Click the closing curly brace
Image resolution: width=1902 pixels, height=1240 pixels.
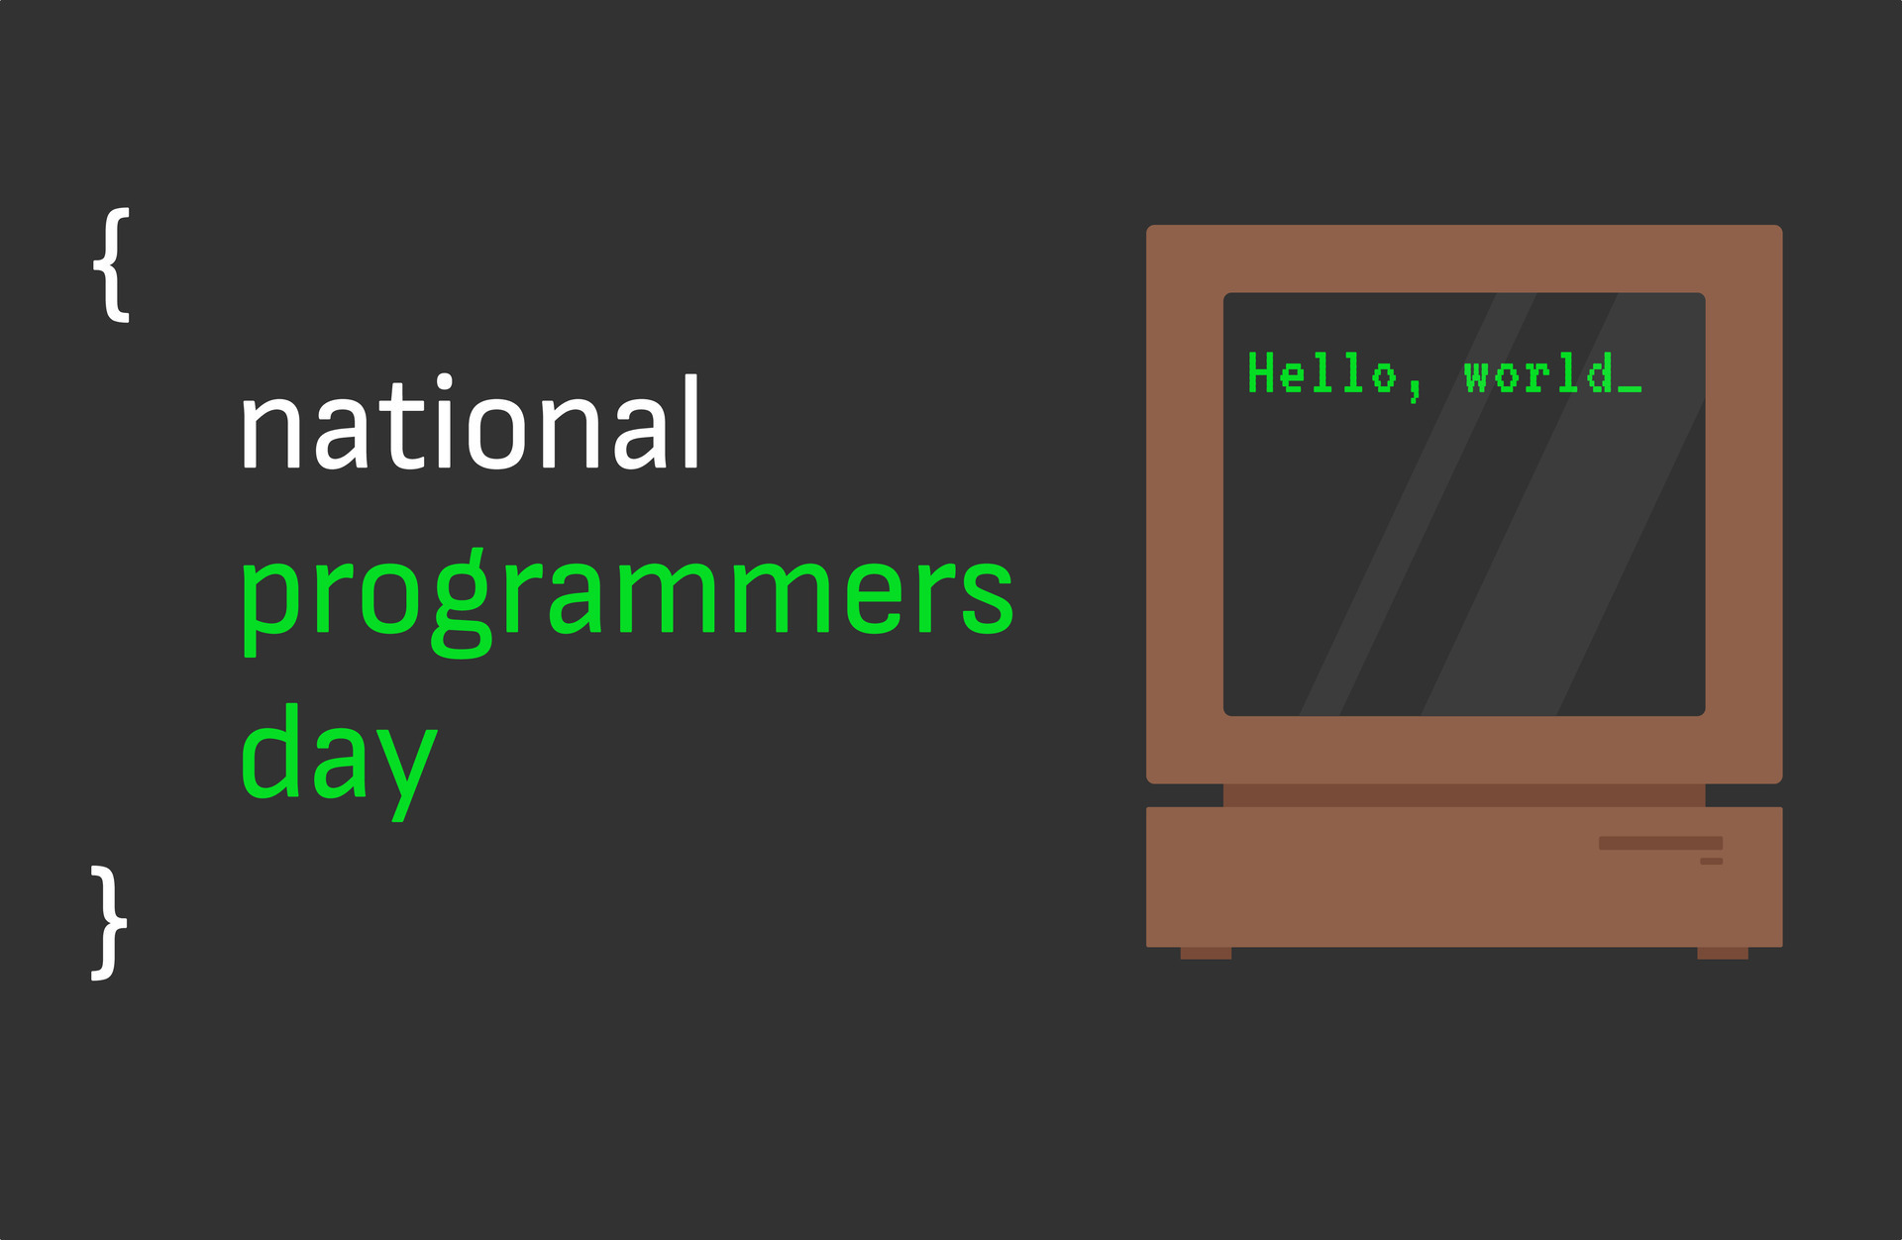[108, 923]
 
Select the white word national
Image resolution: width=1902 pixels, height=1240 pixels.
[471, 425]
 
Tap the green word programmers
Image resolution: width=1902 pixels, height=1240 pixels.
[627, 594]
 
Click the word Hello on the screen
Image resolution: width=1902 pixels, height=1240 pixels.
[1321, 374]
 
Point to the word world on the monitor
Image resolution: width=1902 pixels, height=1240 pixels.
[1538, 374]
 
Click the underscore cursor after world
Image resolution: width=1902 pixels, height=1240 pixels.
[1630, 389]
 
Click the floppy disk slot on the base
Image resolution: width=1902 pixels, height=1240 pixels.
[1660, 843]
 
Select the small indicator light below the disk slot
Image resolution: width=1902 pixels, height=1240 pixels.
[1711, 862]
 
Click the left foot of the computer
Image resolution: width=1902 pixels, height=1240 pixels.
[1206, 954]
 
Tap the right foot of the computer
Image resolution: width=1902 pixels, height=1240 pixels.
[1723, 954]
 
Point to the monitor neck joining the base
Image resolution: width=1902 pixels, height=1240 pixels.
[1463, 795]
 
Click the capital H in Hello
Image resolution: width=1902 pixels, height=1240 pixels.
[1260, 373]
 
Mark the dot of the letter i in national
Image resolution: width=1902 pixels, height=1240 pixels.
[445, 382]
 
